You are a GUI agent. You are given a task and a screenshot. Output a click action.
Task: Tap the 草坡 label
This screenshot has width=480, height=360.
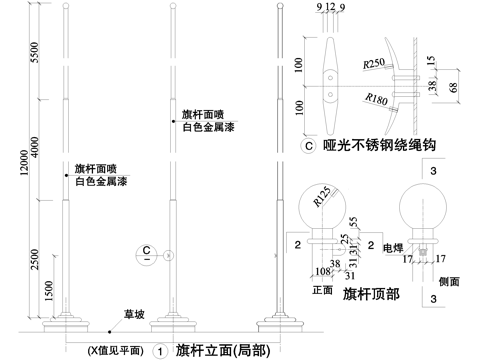132,314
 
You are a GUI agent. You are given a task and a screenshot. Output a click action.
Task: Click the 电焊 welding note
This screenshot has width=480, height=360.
393,245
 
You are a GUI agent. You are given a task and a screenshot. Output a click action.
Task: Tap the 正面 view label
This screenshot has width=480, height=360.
322,291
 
